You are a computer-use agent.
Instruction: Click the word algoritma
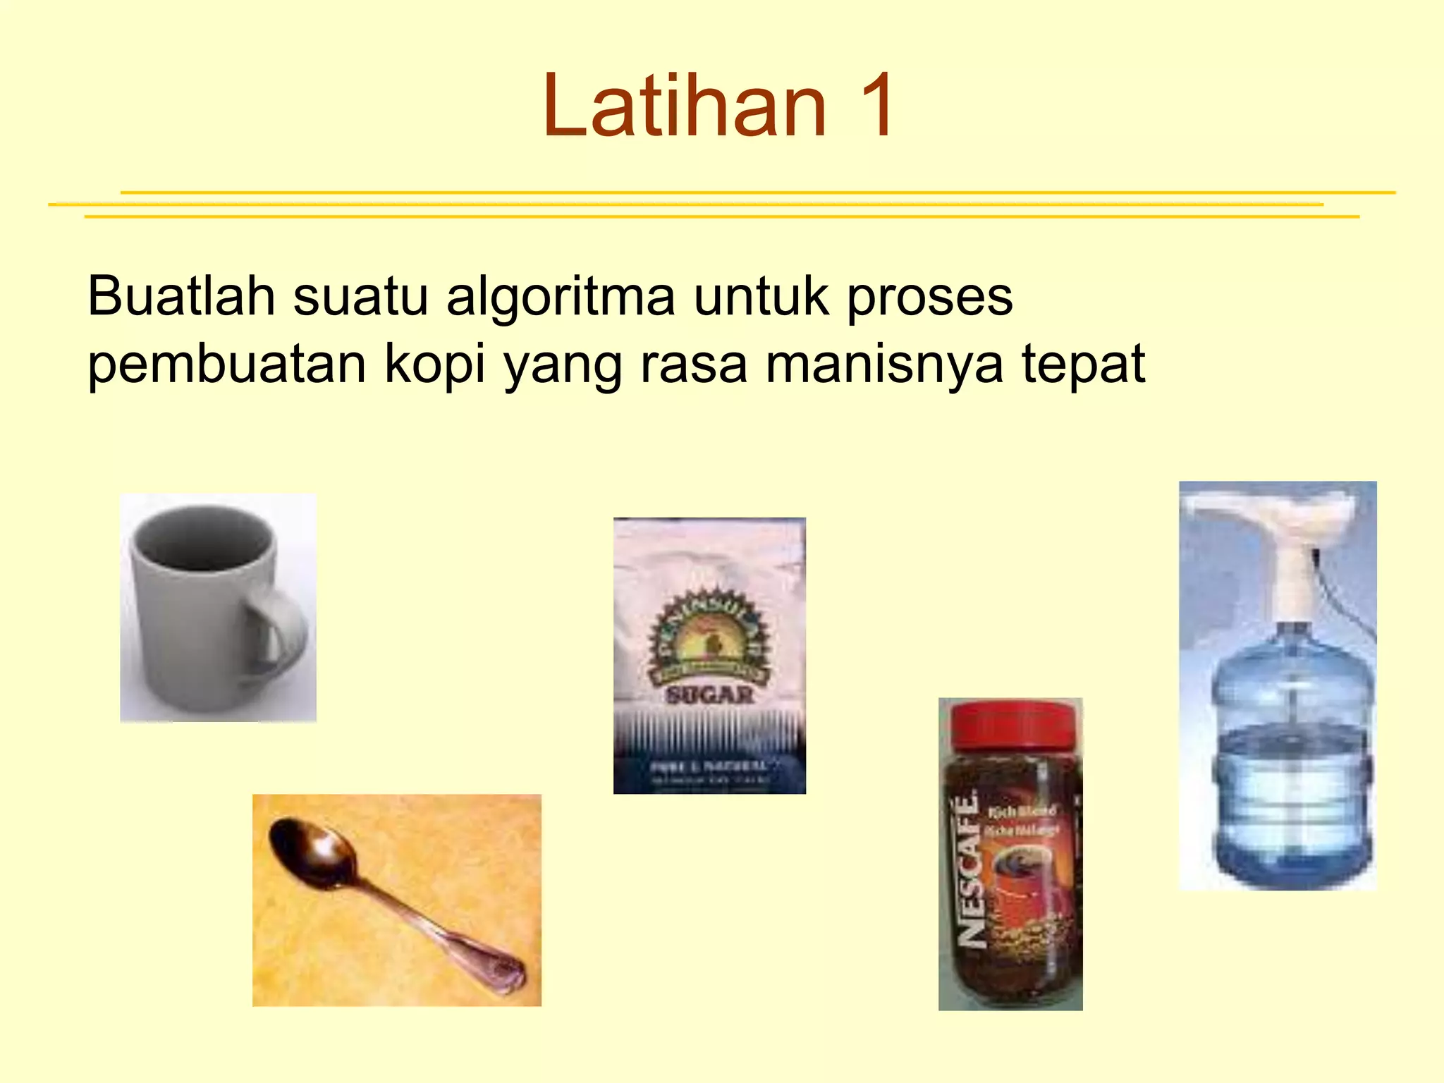(x=561, y=297)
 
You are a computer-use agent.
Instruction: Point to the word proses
(x=929, y=297)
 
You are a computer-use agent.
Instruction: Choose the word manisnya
(x=884, y=365)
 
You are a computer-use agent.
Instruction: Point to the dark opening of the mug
(x=203, y=543)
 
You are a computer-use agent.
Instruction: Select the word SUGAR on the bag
(x=710, y=695)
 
